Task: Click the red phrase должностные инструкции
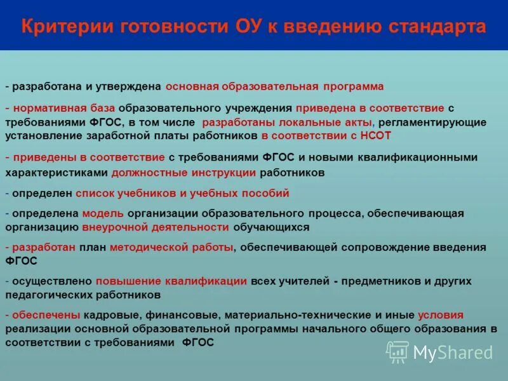coord(184,172)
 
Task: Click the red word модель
coord(98,213)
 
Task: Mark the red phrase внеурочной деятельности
coord(156,227)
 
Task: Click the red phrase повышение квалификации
coord(171,281)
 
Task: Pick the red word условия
coord(441,315)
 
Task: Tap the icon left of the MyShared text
coord(398,352)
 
